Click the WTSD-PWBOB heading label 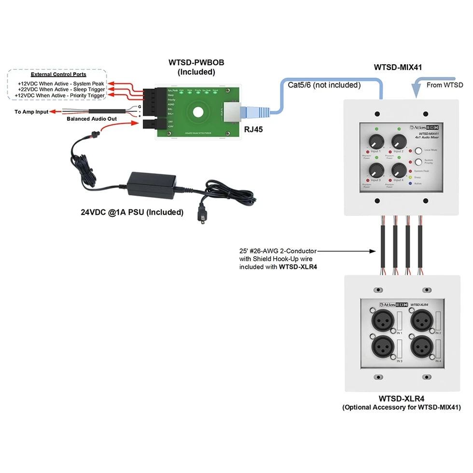[196, 63]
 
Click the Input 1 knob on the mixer [375, 141]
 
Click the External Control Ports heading [58, 74]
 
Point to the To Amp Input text [31, 112]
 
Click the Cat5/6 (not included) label [324, 85]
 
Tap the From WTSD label [445, 85]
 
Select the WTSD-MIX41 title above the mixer [398, 67]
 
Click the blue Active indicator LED [410, 183]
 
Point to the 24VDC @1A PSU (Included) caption [132, 212]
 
